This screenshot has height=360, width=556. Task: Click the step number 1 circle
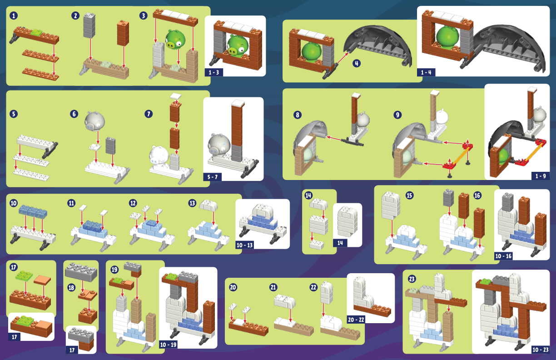click(x=14, y=15)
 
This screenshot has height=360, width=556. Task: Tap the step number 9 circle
click(x=397, y=115)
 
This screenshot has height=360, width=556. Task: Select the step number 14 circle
click(x=308, y=195)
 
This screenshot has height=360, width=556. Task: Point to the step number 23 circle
click(x=412, y=279)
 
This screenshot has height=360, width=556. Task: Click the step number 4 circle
click(x=357, y=63)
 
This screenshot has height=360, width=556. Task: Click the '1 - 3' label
click(x=213, y=73)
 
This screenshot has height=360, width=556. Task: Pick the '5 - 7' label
click(x=212, y=177)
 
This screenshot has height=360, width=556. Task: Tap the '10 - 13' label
click(x=244, y=245)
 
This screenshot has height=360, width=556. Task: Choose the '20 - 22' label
click(x=356, y=320)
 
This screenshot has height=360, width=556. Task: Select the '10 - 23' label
click(x=541, y=350)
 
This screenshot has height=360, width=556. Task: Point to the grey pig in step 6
click(x=94, y=121)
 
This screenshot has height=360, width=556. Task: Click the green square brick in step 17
click(x=24, y=275)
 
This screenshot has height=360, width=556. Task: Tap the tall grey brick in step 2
click(x=89, y=25)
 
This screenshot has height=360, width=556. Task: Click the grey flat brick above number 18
click(x=81, y=272)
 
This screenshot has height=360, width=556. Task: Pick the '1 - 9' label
click(x=541, y=176)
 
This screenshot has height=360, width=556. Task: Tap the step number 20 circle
click(x=233, y=287)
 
